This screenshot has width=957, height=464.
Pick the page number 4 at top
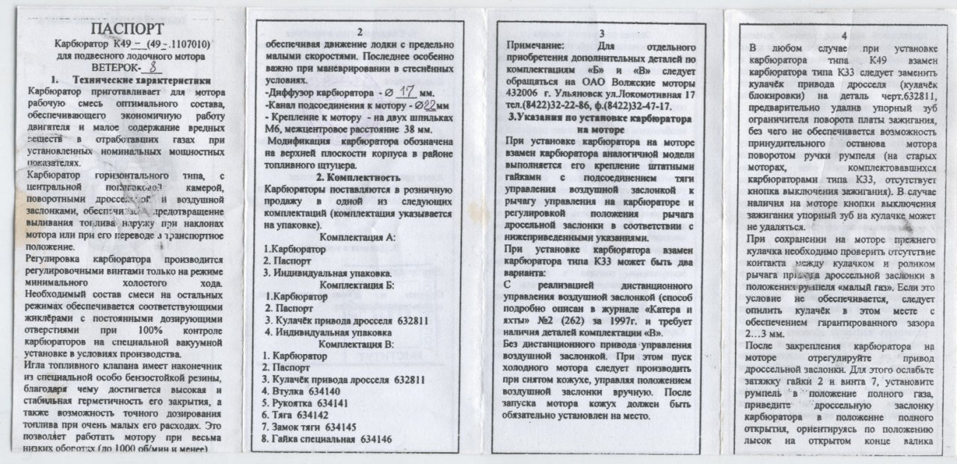(x=844, y=35)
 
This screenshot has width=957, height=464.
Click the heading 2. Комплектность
(x=358, y=177)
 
